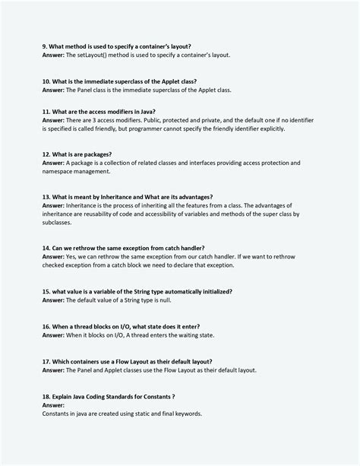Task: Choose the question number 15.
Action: (46, 291)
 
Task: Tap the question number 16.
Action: (46, 325)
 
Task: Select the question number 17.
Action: (46, 361)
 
